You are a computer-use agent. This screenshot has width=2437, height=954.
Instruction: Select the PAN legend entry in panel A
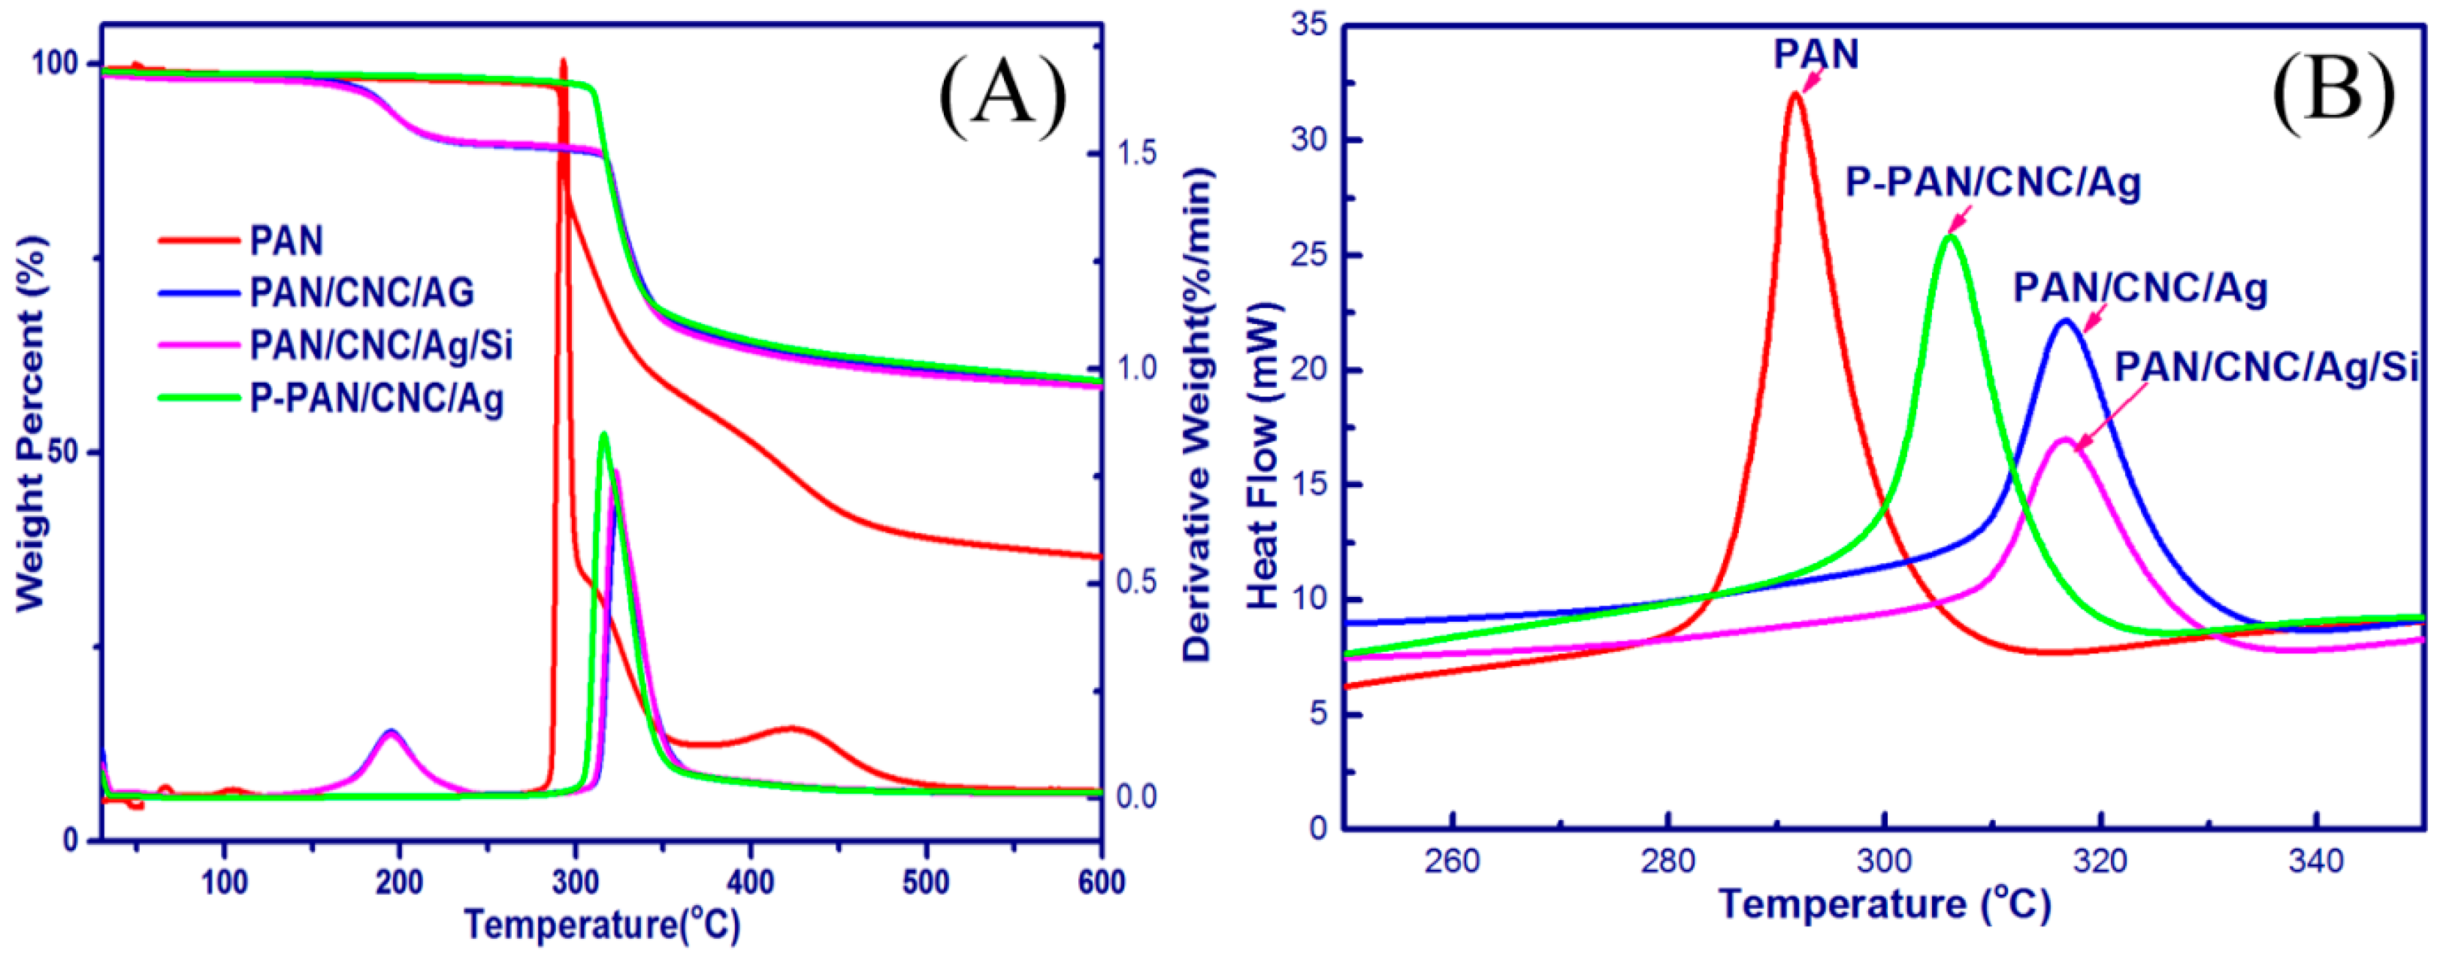286,241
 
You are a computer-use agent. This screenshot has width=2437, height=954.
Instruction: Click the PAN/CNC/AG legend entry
361,292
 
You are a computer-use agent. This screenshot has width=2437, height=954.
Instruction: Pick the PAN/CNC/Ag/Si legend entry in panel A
380,346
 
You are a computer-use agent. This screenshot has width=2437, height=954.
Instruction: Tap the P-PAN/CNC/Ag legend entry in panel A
376,398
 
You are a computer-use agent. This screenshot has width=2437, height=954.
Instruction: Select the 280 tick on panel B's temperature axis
1668,862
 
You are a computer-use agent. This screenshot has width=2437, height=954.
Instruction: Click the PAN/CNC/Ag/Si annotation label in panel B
2266,366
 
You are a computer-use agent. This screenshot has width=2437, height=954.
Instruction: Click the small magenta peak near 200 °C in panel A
391,734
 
